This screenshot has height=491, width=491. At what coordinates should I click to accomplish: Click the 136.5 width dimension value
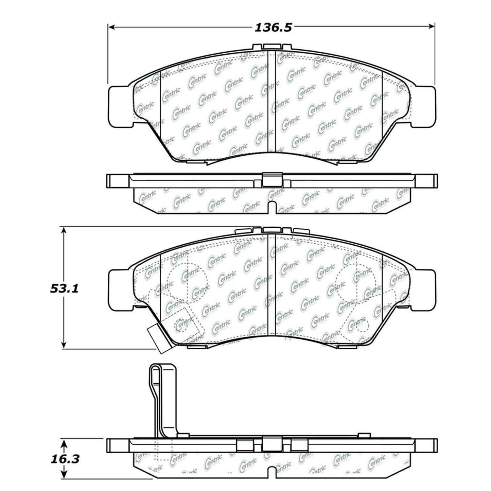[273, 28]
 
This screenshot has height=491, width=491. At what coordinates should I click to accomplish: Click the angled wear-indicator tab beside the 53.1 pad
[158, 338]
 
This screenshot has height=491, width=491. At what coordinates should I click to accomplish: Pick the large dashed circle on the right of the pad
[355, 281]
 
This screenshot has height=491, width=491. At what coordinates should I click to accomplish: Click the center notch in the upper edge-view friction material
[272, 208]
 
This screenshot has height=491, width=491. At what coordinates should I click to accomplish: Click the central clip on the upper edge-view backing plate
[273, 180]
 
